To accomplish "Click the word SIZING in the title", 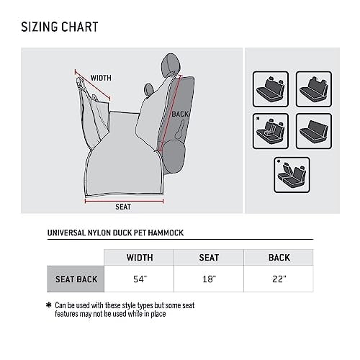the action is pos(39,27).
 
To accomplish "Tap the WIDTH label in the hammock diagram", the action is pos(101,78).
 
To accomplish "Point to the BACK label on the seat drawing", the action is pos(180,114).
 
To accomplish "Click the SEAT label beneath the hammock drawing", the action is pos(123,207).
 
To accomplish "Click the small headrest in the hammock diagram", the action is pos(148,89).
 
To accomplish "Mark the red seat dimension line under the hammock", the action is pos(124,201).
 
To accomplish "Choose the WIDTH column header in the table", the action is pos(140,258).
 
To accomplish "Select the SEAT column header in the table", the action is pos(209,258).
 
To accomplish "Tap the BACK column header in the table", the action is pos(279,258).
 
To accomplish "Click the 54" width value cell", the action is pos(139,279).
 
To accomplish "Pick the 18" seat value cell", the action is pos(209,279).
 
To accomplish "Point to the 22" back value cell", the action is pos(279,279).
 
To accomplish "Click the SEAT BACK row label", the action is pos(76,279).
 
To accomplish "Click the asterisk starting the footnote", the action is pos(49,305).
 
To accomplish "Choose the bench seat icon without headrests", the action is pos(314,131).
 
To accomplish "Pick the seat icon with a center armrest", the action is pos(271,131).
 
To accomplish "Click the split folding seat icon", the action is pos(292,175).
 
